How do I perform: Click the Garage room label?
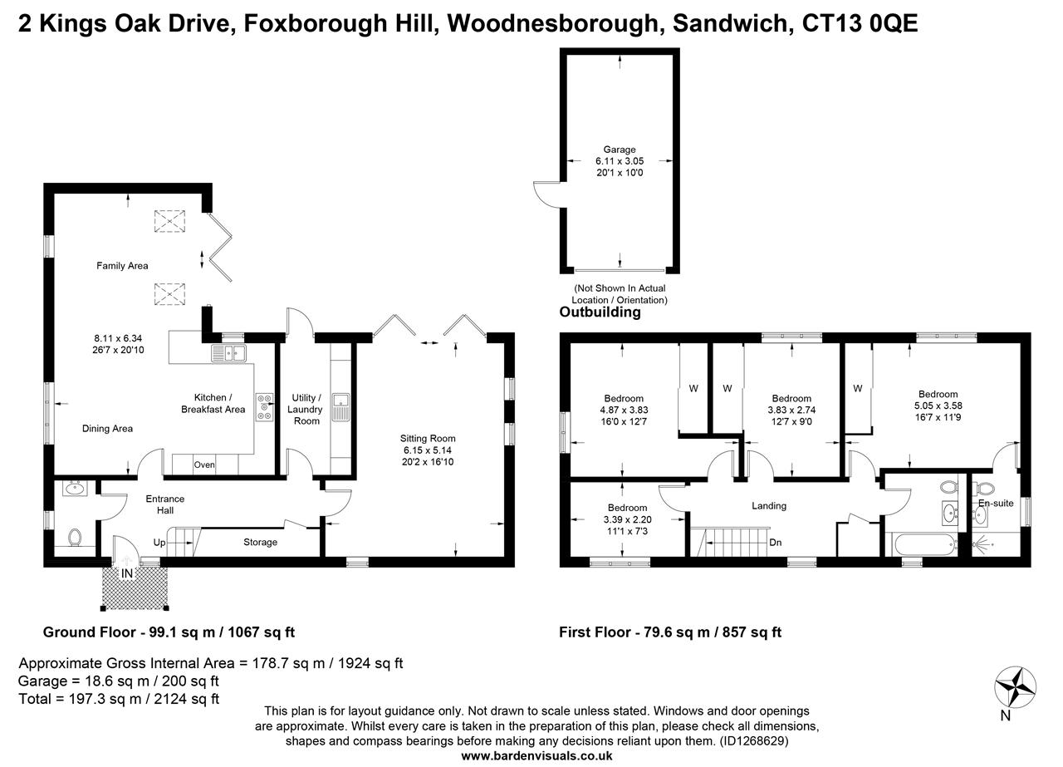[x=620, y=150]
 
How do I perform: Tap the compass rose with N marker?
[x=1015, y=687]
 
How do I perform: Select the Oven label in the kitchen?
[x=204, y=465]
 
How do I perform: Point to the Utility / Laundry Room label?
[x=306, y=409]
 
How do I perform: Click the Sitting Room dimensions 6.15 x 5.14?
[x=428, y=450]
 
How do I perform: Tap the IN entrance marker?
[x=127, y=573]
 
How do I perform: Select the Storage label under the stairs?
[x=260, y=543]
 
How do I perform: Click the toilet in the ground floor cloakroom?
[x=74, y=538]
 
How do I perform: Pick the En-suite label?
[x=996, y=504]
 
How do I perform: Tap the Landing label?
[x=768, y=505]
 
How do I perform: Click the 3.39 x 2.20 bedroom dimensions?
[x=627, y=520]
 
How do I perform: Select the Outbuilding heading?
[x=600, y=312]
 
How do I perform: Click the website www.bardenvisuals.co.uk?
[x=536, y=755]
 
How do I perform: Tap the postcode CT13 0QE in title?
[x=860, y=24]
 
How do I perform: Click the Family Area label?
[x=122, y=266]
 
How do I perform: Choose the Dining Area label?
[x=107, y=429]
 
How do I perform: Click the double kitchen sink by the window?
[x=231, y=354]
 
